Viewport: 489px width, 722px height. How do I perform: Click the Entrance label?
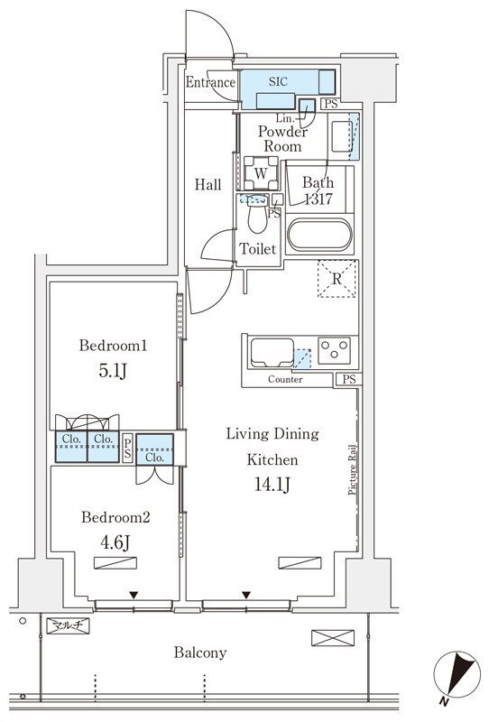pyautogui.click(x=210, y=82)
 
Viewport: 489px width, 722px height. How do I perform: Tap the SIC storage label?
pyautogui.click(x=278, y=81)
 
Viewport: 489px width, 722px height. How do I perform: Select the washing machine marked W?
pyautogui.click(x=261, y=173)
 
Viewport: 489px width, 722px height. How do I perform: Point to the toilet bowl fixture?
pyautogui.click(x=257, y=215)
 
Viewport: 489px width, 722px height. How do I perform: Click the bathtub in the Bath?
pyautogui.click(x=319, y=236)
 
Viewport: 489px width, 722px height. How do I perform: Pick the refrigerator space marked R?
pyautogui.click(x=337, y=279)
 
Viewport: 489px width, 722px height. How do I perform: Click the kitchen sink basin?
pyautogui.click(x=272, y=353)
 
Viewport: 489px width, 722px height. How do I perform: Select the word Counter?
pyautogui.click(x=285, y=379)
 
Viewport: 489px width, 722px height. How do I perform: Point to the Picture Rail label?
pyautogui.click(x=352, y=469)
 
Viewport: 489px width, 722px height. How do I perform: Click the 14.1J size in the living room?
pyautogui.click(x=272, y=485)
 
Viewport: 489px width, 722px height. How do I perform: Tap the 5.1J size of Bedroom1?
pyautogui.click(x=113, y=371)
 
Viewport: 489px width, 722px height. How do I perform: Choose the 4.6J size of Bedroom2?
pyautogui.click(x=115, y=542)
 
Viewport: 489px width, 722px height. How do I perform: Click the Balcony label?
pyautogui.click(x=199, y=653)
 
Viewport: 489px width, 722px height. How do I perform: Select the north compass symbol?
pyautogui.click(x=457, y=675)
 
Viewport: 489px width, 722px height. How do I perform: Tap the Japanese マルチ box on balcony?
pyautogui.click(x=68, y=625)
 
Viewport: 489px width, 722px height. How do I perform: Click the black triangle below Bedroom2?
pyautogui.click(x=134, y=595)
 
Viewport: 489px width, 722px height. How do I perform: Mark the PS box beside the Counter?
pyautogui.click(x=349, y=379)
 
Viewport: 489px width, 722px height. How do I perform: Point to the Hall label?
pyautogui.click(x=208, y=185)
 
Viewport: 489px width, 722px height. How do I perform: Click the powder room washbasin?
pyautogui.click(x=342, y=137)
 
